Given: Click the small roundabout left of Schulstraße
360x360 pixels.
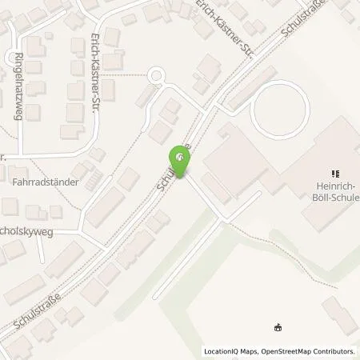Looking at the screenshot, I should [x=157, y=78].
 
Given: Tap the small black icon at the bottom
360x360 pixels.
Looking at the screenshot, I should [x=278, y=327].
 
